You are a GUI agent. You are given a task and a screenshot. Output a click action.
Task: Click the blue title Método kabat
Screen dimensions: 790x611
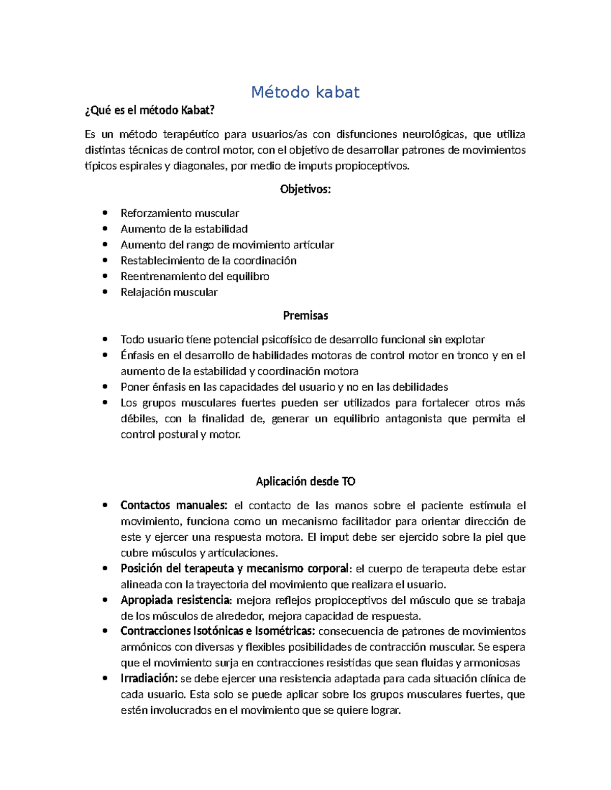pos(305,92)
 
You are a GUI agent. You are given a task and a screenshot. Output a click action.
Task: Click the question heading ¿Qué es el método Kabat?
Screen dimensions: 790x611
pos(150,110)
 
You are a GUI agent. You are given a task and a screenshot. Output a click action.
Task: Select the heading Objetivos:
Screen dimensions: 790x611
pos(305,189)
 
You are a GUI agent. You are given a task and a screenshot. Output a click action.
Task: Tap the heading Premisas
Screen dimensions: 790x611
pos(305,315)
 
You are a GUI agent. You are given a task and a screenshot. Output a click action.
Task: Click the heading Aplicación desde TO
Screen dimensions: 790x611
pos(305,481)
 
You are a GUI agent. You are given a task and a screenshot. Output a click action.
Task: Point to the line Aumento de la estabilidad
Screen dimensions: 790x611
pos(184,229)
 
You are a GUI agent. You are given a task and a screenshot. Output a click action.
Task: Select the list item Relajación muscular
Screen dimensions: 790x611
pos(169,292)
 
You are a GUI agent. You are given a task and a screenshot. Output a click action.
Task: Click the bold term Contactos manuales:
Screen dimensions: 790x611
pos(174,505)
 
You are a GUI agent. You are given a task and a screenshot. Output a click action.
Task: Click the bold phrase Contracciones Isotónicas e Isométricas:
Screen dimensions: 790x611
pos(217,631)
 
